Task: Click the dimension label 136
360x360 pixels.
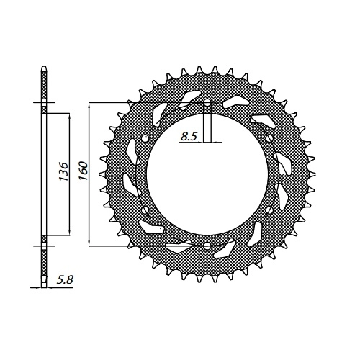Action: coord(63,171)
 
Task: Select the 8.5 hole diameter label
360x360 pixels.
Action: coord(189,136)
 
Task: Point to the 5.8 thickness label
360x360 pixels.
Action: coord(65,280)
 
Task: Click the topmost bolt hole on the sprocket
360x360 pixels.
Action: coord(207,104)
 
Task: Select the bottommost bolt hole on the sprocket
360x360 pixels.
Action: coord(207,246)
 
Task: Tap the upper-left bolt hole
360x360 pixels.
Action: coord(145,139)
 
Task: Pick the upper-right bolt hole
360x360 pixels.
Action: coord(269,138)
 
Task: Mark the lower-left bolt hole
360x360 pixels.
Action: coord(145,210)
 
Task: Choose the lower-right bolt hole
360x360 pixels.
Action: coord(269,210)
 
